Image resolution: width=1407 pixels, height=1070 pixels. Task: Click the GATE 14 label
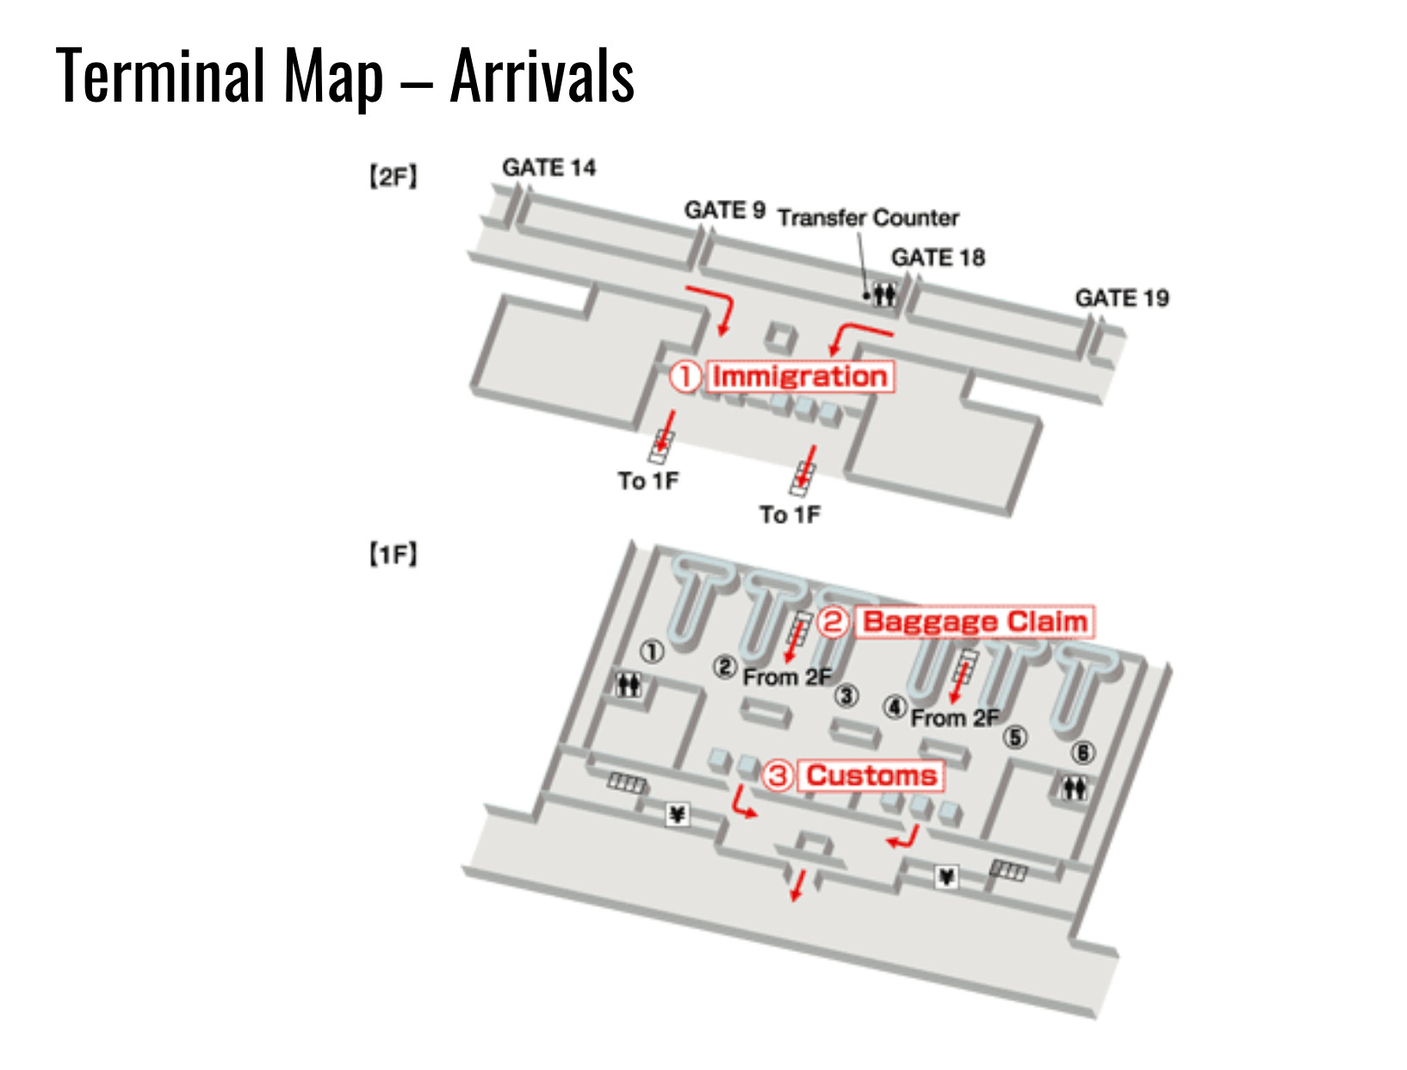(x=549, y=167)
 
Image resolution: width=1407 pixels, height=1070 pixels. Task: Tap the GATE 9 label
(x=724, y=210)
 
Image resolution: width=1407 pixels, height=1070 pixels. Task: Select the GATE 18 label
(x=938, y=258)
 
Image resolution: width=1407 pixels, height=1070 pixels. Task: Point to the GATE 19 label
(x=1121, y=298)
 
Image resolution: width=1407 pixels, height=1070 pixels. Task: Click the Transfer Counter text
(x=868, y=218)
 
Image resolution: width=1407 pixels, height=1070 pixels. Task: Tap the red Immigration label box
(x=800, y=376)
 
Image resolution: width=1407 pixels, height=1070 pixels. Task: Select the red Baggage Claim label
(x=975, y=622)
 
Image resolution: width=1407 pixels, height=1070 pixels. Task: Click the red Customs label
(x=871, y=775)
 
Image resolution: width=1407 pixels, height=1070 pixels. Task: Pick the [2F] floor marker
(x=393, y=177)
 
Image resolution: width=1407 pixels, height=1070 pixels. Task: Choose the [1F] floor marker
(x=393, y=554)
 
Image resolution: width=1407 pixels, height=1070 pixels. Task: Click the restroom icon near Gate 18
(x=884, y=295)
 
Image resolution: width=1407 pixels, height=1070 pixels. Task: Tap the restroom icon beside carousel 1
(x=629, y=685)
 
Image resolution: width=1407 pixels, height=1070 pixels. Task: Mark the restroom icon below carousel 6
(x=1074, y=787)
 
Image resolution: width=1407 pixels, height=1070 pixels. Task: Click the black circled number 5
(x=1016, y=737)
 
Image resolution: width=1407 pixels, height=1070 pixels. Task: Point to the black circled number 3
(x=847, y=695)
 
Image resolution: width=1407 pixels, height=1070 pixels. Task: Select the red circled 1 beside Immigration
(x=685, y=376)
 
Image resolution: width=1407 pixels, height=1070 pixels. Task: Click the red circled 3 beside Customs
(x=778, y=775)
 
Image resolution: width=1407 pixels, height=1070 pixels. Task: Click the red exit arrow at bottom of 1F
(x=797, y=886)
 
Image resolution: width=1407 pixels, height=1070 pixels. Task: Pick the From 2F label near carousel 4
(x=955, y=718)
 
